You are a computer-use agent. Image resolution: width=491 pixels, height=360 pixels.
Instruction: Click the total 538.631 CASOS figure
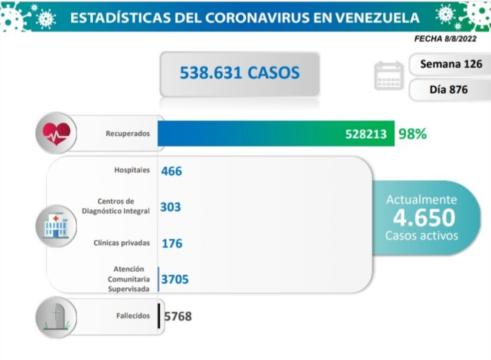pyautogui.click(x=240, y=73)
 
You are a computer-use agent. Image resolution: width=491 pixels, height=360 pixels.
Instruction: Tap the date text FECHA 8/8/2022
pyautogui.click(x=445, y=39)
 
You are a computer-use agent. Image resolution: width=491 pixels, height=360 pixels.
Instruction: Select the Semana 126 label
pyautogui.click(x=451, y=64)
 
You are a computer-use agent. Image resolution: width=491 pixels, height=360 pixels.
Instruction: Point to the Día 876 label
pyautogui.click(x=448, y=90)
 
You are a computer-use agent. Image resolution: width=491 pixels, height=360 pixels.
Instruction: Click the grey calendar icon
pyautogui.click(x=389, y=76)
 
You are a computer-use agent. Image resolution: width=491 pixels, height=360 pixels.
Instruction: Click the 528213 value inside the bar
pyautogui.click(x=366, y=134)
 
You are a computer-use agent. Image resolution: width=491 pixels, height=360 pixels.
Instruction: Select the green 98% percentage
pyautogui.click(x=412, y=134)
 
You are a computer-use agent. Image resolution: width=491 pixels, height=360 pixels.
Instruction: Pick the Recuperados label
pyautogui.click(x=128, y=134)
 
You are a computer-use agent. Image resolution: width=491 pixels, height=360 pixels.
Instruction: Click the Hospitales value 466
pyautogui.click(x=172, y=171)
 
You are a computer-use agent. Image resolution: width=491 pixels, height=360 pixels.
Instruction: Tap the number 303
pyautogui.click(x=171, y=207)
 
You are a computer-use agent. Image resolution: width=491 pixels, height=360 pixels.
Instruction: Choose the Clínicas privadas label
pyautogui.click(x=121, y=243)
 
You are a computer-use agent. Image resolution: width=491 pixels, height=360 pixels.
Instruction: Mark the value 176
pyautogui.click(x=172, y=243)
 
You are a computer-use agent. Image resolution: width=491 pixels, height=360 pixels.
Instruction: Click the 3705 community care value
pyautogui.click(x=175, y=279)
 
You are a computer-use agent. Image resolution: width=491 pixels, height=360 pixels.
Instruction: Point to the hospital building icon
pyautogui.click(x=56, y=226)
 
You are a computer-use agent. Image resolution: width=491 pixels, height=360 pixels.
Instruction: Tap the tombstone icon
pyautogui.click(x=56, y=317)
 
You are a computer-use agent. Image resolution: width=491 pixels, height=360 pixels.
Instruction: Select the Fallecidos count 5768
pyautogui.click(x=178, y=316)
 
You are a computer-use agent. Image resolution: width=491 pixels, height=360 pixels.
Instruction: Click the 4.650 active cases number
pyautogui.click(x=424, y=218)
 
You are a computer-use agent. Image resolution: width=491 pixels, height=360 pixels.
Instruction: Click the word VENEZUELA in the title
pyautogui.click(x=377, y=18)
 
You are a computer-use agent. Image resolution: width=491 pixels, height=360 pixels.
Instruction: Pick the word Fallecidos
pyautogui.click(x=133, y=316)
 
